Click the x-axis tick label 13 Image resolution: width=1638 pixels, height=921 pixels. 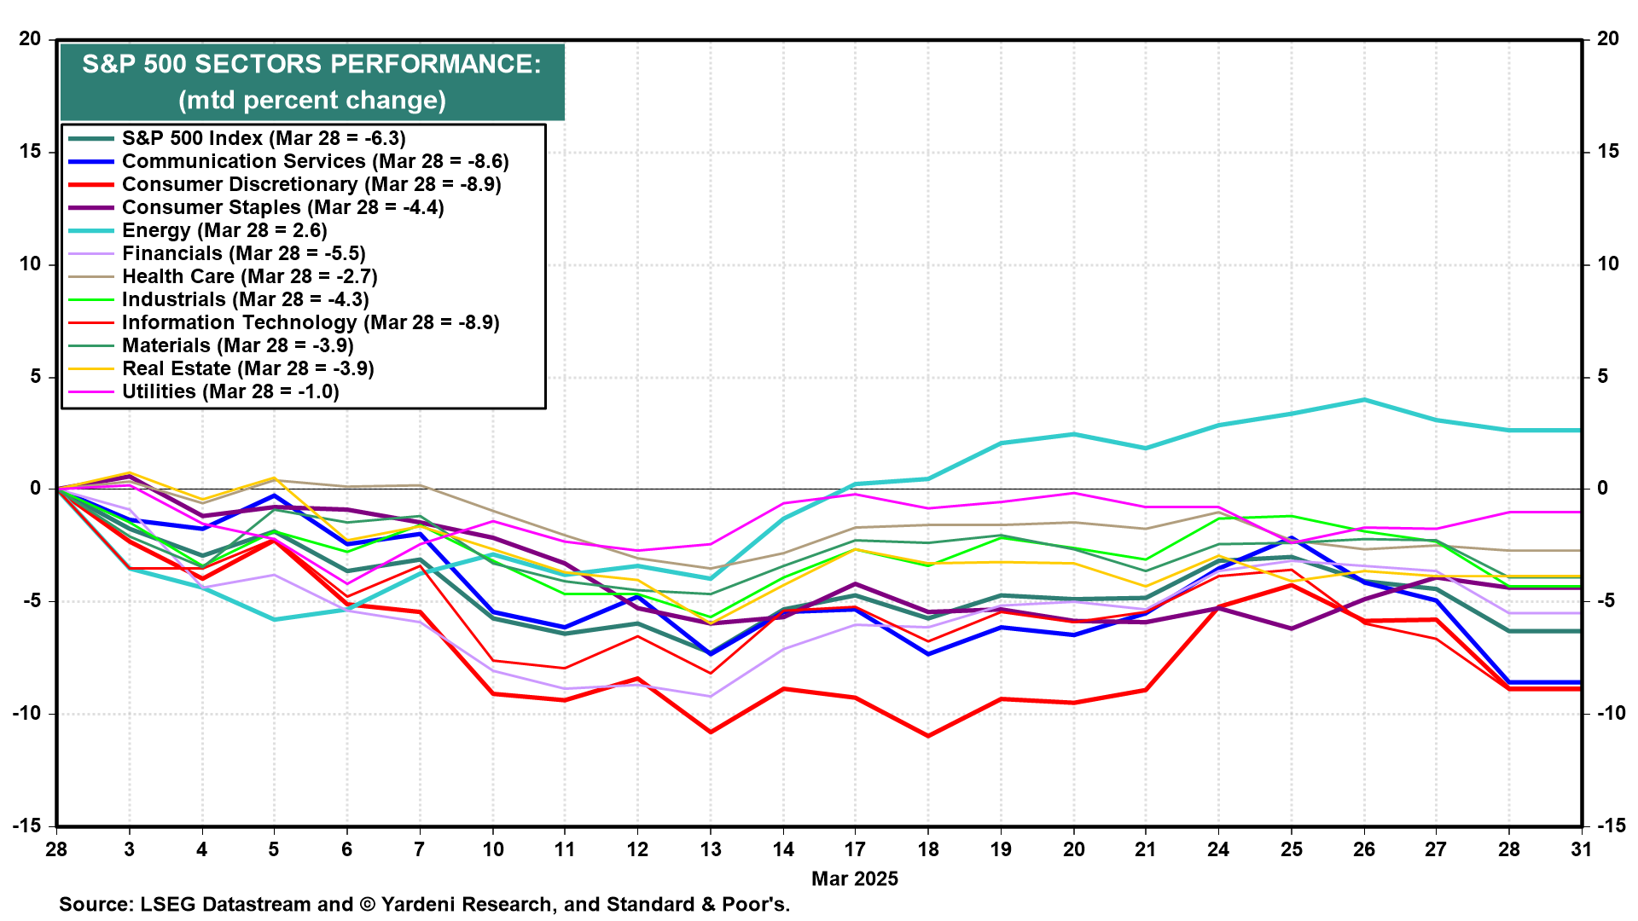[711, 849]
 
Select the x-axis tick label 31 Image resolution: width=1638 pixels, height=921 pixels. [1582, 849]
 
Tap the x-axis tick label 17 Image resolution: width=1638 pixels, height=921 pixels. [855, 849]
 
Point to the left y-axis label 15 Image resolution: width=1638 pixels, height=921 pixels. [31, 152]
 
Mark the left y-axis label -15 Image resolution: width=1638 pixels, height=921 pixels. [26, 825]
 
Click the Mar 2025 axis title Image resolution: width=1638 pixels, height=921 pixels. [855, 879]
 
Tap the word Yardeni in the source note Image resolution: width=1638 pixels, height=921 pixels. [416, 905]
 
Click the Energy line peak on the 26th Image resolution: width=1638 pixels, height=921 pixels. [1363, 400]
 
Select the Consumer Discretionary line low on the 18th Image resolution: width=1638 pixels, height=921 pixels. [928, 736]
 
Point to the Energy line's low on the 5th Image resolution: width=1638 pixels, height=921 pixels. [274, 619]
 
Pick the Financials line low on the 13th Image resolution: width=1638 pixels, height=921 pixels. [711, 697]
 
